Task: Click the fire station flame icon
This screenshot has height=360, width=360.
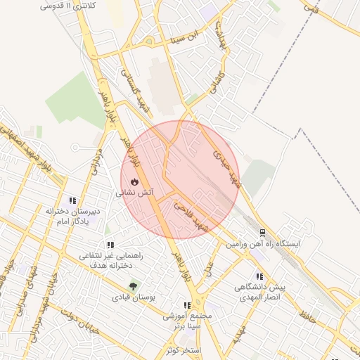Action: [135, 182]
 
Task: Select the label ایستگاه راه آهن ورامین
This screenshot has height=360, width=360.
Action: [262, 243]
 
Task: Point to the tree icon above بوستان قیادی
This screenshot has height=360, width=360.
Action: [134, 287]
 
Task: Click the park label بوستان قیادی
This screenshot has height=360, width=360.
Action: [132, 297]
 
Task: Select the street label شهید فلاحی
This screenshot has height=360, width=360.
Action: [192, 216]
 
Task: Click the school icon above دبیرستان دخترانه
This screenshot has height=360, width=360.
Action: [72, 201]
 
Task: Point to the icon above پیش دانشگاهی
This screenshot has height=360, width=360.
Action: [259, 277]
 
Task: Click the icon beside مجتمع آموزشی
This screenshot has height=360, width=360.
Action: [187, 305]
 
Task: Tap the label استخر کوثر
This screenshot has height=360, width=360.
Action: [185, 349]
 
